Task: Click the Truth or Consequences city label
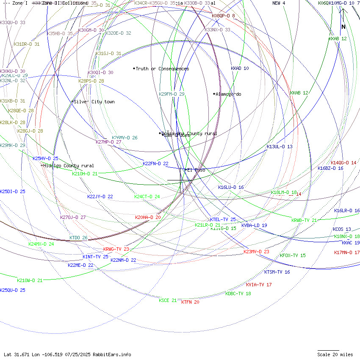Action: pyautogui.click(x=162, y=69)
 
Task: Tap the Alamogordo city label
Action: pyautogui.click(x=228, y=94)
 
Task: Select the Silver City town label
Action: pyautogui.click(x=94, y=102)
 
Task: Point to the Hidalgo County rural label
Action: pyautogui.click(x=68, y=166)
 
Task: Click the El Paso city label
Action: pyautogui.click(x=196, y=170)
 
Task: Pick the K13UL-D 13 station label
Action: pyautogui.click(x=280, y=147)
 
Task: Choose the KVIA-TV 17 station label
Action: pyautogui.click(x=259, y=285)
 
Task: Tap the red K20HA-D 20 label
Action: pyautogui.click(x=148, y=217)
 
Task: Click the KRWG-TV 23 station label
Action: pyautogui.click(x=116, y=249)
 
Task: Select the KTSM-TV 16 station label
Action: pyautogui.click(x=277, y=272)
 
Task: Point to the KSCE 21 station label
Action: pyautogui.click(x=168, y=300)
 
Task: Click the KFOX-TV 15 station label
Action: pyautogui.click(x=293, y=255)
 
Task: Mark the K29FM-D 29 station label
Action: pyautogui.click(x=172, y=94)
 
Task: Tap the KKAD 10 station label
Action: pyautogui.click(x=240, y=68)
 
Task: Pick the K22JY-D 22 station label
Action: pyautogui.click(x=100, y=197)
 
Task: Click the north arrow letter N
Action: pyautogui.click(x=343, y=27)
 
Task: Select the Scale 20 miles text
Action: pyautogui.click(x=335, y=354)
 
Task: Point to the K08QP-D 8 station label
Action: pyautogui.click(x=223, y=16)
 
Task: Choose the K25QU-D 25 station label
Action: pyautogui.click(x=13, y=290)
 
